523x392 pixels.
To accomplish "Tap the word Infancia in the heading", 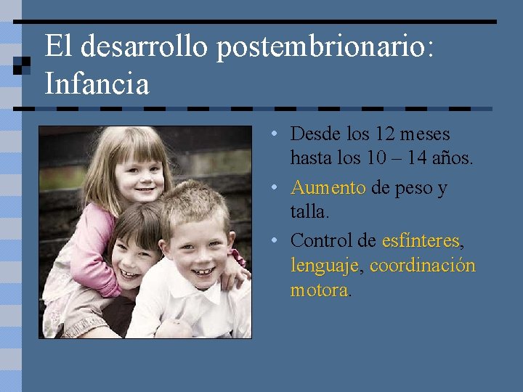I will [97, 83].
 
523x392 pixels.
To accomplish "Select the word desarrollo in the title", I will [146, 47].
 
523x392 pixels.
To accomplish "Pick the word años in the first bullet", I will [453, 157].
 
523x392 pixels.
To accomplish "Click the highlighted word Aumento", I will [328, 188].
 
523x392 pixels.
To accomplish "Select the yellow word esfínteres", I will [421, 240].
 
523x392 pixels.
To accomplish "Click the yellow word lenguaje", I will [324, 266].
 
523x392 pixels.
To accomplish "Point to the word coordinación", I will [423, 266].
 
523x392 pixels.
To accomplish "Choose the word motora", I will [319, 290].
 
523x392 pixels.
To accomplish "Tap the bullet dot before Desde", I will [269, 135].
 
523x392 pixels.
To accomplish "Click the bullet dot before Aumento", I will [269, 189].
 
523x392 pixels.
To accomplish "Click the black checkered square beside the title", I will [22, 66].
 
